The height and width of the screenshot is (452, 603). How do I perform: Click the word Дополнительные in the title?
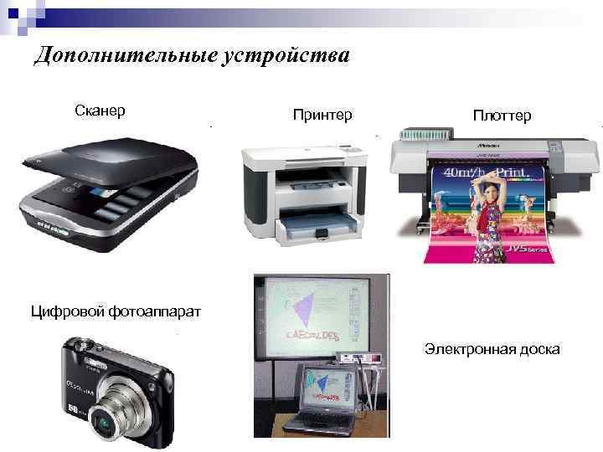[x=126, y=56]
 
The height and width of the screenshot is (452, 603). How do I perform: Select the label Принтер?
[x=322, y=114]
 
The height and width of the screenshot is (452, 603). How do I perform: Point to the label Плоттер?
[x=501, y=115]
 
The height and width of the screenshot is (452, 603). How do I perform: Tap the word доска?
[x=540, y=348]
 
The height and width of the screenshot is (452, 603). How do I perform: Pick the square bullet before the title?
[x=23, y=58]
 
